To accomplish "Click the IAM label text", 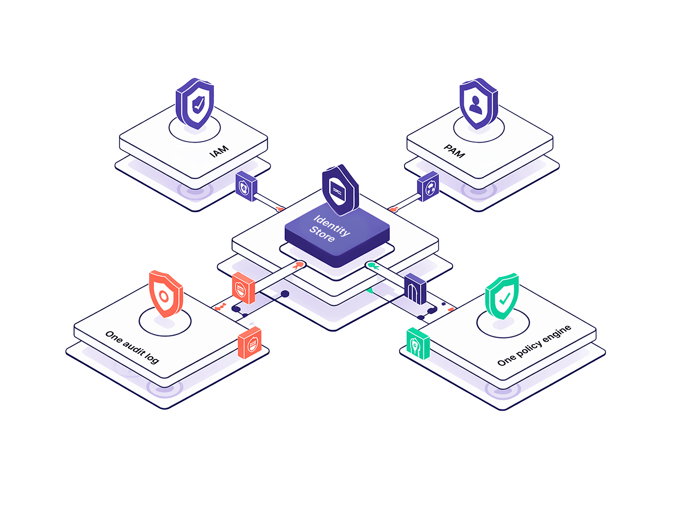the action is click(219, 151).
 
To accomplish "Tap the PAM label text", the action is click(455, 151).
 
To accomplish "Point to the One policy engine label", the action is click(534, 345).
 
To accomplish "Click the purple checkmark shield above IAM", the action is click(195, 104).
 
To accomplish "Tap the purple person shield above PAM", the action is click(479, 104).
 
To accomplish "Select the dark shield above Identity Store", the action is click(340, 190).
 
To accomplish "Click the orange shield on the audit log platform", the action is click(166, 294).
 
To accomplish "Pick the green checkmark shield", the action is click(502, 296).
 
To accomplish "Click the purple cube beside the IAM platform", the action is click(246, 186).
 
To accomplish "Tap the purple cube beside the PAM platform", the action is click(428, 186).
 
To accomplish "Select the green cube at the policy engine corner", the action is click(418, 343).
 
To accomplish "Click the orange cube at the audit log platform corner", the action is click(250, 343).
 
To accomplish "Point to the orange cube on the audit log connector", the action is click(243, 288).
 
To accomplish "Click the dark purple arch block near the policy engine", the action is click(415, 289).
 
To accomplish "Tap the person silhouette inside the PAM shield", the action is click(476, 105).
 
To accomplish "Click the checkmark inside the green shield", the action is click(505, 298).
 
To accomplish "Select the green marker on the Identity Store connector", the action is click(373, 266).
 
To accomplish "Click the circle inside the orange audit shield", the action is click(164, 296).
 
